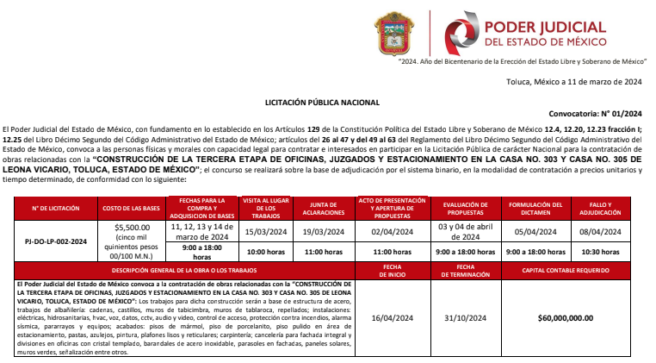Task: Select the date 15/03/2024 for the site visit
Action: pos(264,231)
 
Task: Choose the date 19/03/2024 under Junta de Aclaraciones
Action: pos(324,231)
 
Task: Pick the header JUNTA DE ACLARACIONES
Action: pos(324,209)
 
